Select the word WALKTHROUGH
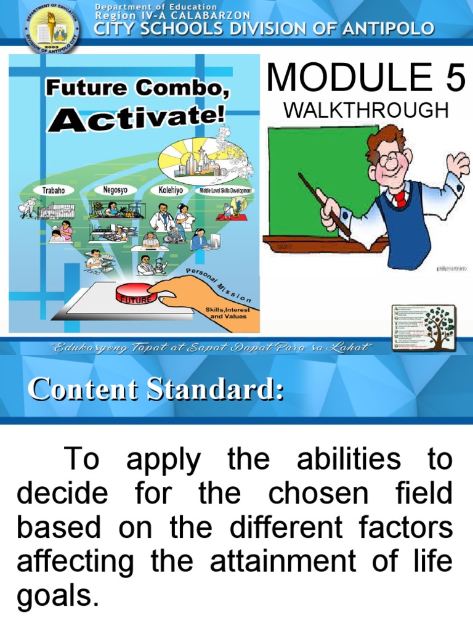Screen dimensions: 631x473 [365, 111]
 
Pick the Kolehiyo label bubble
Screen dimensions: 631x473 [170, 190]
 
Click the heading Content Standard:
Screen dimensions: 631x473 [155, 390]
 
